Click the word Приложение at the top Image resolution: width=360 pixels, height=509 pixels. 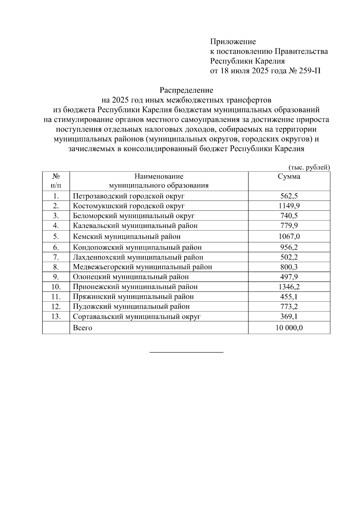click(233, 42)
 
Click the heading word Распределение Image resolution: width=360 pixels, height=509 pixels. click(186, 90)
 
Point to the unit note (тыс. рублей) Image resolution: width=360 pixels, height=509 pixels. click(309, 167)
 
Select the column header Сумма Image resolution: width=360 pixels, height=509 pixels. click(289, 177)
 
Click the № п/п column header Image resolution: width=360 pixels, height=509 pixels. click(56, 181)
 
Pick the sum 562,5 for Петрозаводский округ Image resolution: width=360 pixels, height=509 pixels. click(289, 196)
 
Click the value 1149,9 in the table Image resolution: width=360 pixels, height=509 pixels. click(289, 206)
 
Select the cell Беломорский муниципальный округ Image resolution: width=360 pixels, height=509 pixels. click(134, 216)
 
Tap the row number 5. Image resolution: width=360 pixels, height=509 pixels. click(56, 237)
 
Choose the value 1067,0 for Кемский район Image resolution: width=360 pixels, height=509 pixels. click(289, 237)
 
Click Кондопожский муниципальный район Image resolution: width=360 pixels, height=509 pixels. click(137, 247)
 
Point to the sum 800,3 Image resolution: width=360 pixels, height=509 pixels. click(289, 267)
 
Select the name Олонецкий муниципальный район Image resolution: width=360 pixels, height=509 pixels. click(131, 277)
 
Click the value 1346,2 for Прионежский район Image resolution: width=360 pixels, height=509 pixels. click(289, 287)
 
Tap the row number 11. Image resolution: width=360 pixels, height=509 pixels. click(56, 297)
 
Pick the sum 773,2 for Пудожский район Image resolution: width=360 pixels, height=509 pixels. click(289, 307)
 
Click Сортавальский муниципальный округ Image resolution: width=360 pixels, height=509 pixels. click(136, 316)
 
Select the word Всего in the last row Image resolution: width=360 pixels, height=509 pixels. click(82, 328)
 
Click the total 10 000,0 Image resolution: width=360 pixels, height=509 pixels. click(289, 328)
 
